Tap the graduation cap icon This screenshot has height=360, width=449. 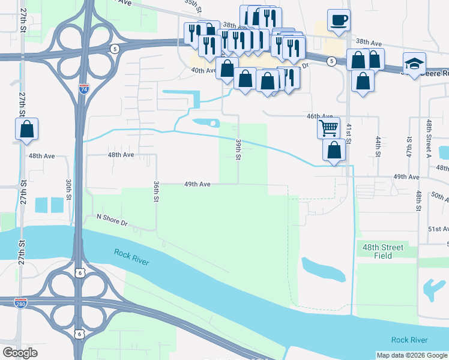pos(414,64)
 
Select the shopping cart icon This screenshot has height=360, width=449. pos(328,127)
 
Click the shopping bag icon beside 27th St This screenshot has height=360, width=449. pos(26,128)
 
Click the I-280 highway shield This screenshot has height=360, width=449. pos(20,303)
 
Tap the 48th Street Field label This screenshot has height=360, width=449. pos(382,251)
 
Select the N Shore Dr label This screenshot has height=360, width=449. pos(112,220)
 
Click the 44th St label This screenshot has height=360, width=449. pos(379,146)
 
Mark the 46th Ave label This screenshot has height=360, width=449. pos(319,116)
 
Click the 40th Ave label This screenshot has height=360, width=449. pos(203,71)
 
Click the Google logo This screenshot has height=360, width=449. pos(20,353)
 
